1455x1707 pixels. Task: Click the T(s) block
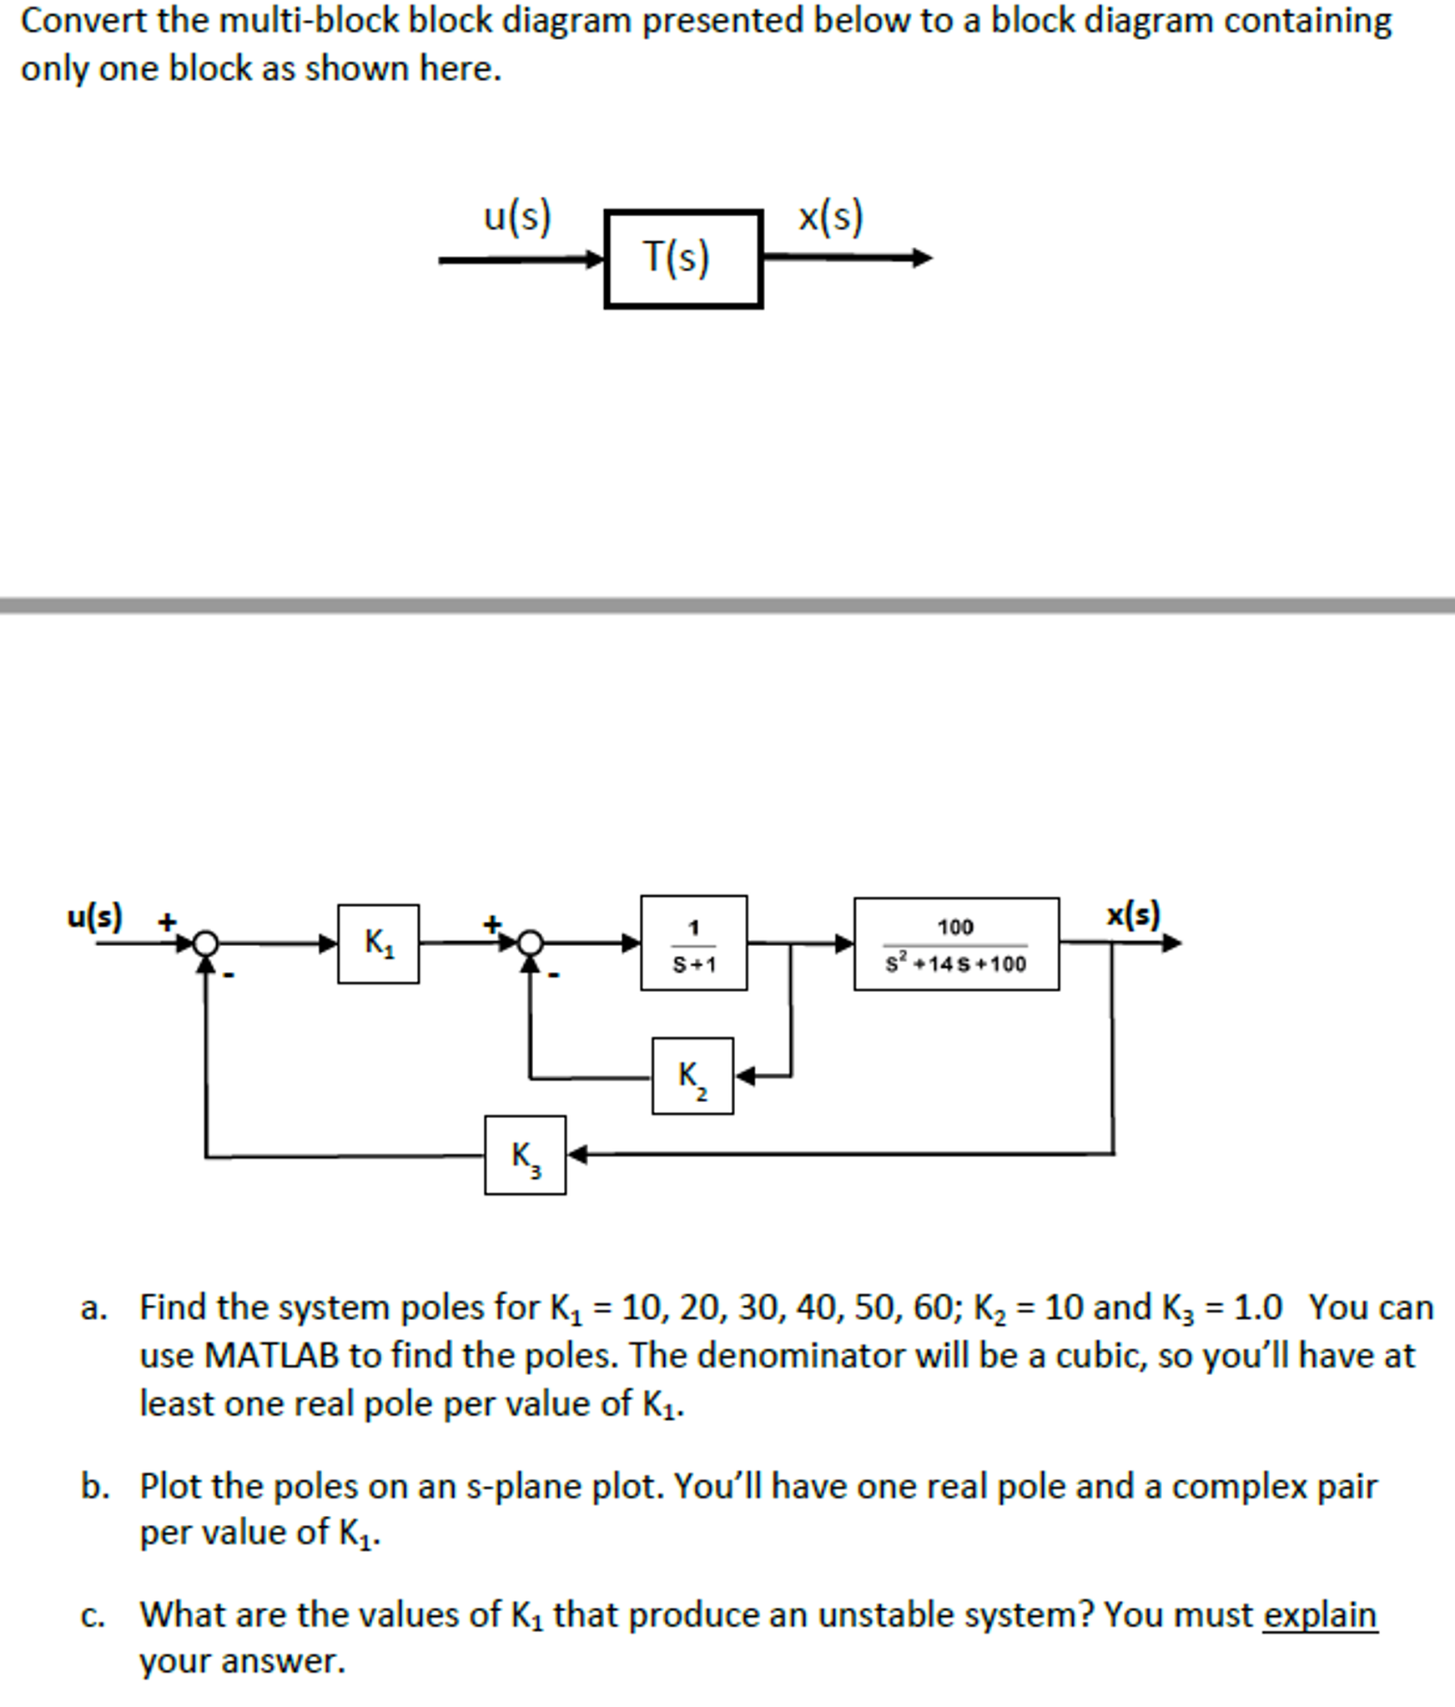point(682,259)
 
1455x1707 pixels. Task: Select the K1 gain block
point(378,944)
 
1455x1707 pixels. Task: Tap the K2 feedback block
point(692,1075)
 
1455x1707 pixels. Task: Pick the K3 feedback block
point(525,1155)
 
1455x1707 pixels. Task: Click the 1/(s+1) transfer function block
point(693,943)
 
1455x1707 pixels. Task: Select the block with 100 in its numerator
point(956,944)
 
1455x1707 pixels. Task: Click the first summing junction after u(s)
point(205,944)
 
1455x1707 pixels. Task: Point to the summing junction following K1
point(530,944)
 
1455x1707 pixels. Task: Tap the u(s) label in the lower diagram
point(94,915)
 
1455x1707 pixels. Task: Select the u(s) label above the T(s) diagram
point(517,217)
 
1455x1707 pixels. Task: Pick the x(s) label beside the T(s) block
point(830,217)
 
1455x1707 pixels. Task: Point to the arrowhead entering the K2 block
point(745,1075)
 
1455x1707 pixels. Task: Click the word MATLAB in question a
point(271,1356)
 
